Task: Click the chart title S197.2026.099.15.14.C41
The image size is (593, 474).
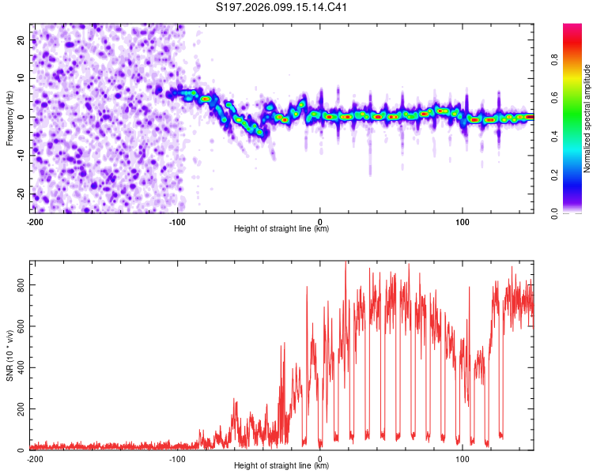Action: (x=282, y=8)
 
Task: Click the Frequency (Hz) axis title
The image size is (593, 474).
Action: (x=9, y=117)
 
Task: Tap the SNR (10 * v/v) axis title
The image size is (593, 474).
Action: (x=9, y=355)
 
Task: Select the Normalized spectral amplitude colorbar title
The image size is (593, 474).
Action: (x=587, y=118)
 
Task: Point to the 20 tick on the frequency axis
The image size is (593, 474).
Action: (x=21, y=39)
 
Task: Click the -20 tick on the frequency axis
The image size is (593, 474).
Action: (x=19, y=194)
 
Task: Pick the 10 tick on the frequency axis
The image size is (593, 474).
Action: (x=21, y=78)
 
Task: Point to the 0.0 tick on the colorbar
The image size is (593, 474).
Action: (x=554, y=213)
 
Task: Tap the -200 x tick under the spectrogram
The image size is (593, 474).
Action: (x=35, y=221)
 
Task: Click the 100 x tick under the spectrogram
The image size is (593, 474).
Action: (x=463, y=221)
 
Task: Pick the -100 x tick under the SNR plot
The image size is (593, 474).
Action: (x=177, y=459)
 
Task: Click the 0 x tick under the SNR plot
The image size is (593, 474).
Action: (x=320, y=459)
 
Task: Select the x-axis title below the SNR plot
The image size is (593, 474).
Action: (x=281, y=467)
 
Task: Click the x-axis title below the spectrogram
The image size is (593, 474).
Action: (x=281, y=229)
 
